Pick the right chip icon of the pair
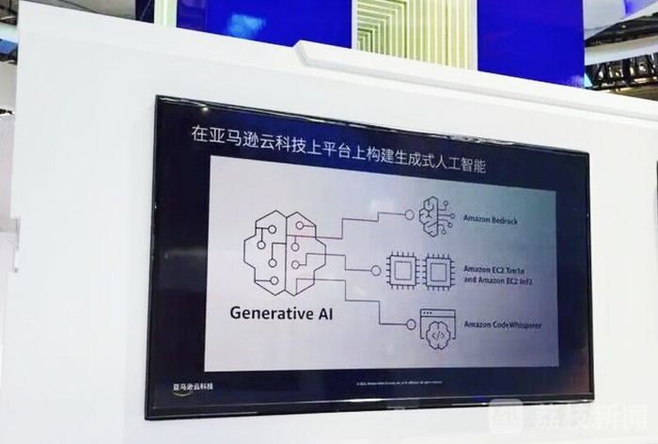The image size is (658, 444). (x=438, y=272)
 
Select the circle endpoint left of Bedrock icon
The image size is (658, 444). (x=409, y=214)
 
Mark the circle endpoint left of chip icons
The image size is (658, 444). (x=375, y=271)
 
